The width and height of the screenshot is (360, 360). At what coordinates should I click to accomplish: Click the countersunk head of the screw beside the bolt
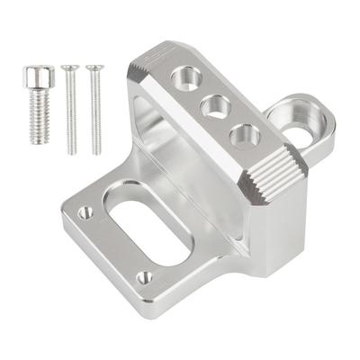click(x=69, y=67)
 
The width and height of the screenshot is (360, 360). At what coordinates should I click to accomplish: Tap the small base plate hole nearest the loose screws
click(x=87, y=213)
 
